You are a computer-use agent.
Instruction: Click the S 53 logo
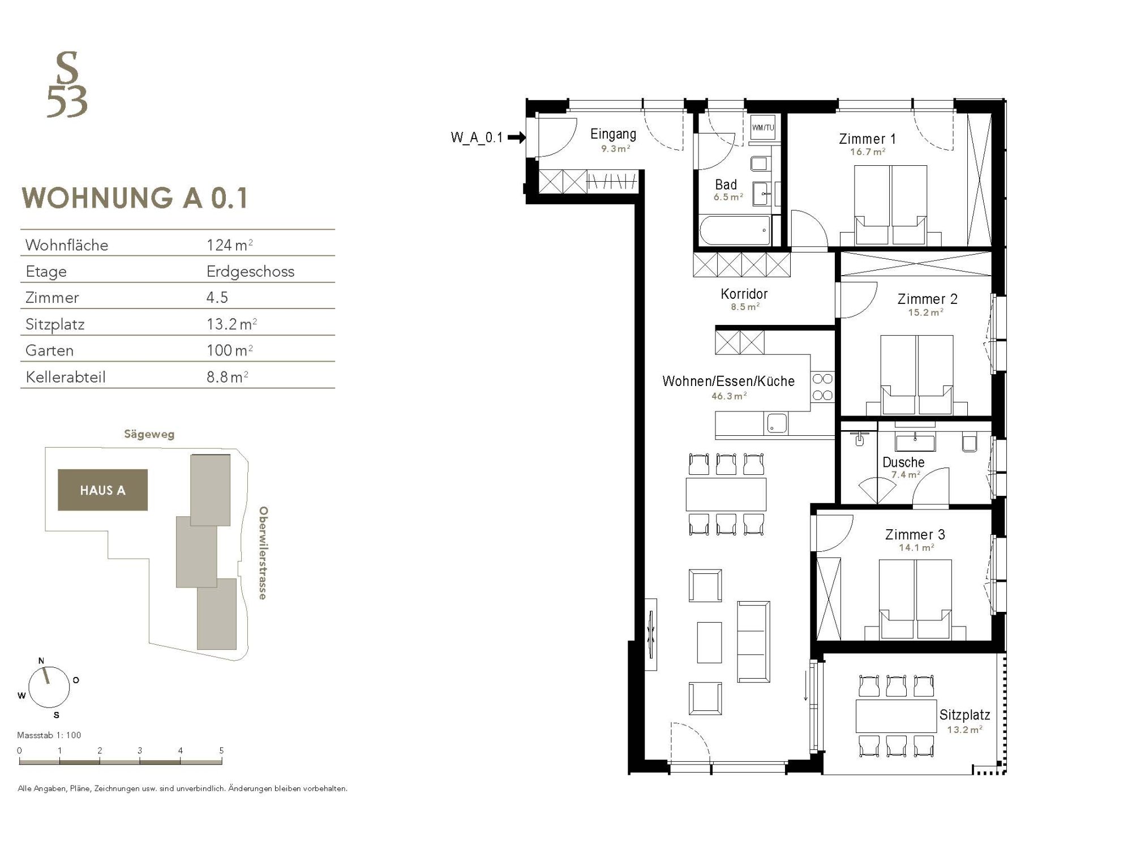(x=67, y=85)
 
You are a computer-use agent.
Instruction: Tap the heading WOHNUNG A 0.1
(x=135, y=198)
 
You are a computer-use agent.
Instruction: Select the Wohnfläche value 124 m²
(x=229, y=245)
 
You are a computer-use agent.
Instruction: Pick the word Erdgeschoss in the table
(x=250, y=272)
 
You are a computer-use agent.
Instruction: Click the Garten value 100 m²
(x=229, y=350)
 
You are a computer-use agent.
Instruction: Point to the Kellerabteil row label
(x=66, y=377)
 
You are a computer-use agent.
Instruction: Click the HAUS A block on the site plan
(x=102, y=490)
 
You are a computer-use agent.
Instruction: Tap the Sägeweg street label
(x=149, y=435)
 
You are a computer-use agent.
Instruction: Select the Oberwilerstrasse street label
(x=263, y=553)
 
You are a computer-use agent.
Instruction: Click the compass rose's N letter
(x=41, y=661)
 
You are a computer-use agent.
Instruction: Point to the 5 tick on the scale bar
(x=221, y=751)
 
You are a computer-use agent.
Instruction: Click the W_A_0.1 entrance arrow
(x=517, y=137)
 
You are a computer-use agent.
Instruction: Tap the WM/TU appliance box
(x=762, y=128)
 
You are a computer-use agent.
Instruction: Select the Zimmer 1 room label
(x=867, y=139)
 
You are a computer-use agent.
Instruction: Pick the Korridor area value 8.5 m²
(x=744, y=307)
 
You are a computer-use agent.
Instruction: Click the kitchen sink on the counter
(x=777, y=424)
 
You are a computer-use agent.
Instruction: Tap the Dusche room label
(x=903, y=462)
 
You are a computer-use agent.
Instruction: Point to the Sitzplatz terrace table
(x=896, y=716)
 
